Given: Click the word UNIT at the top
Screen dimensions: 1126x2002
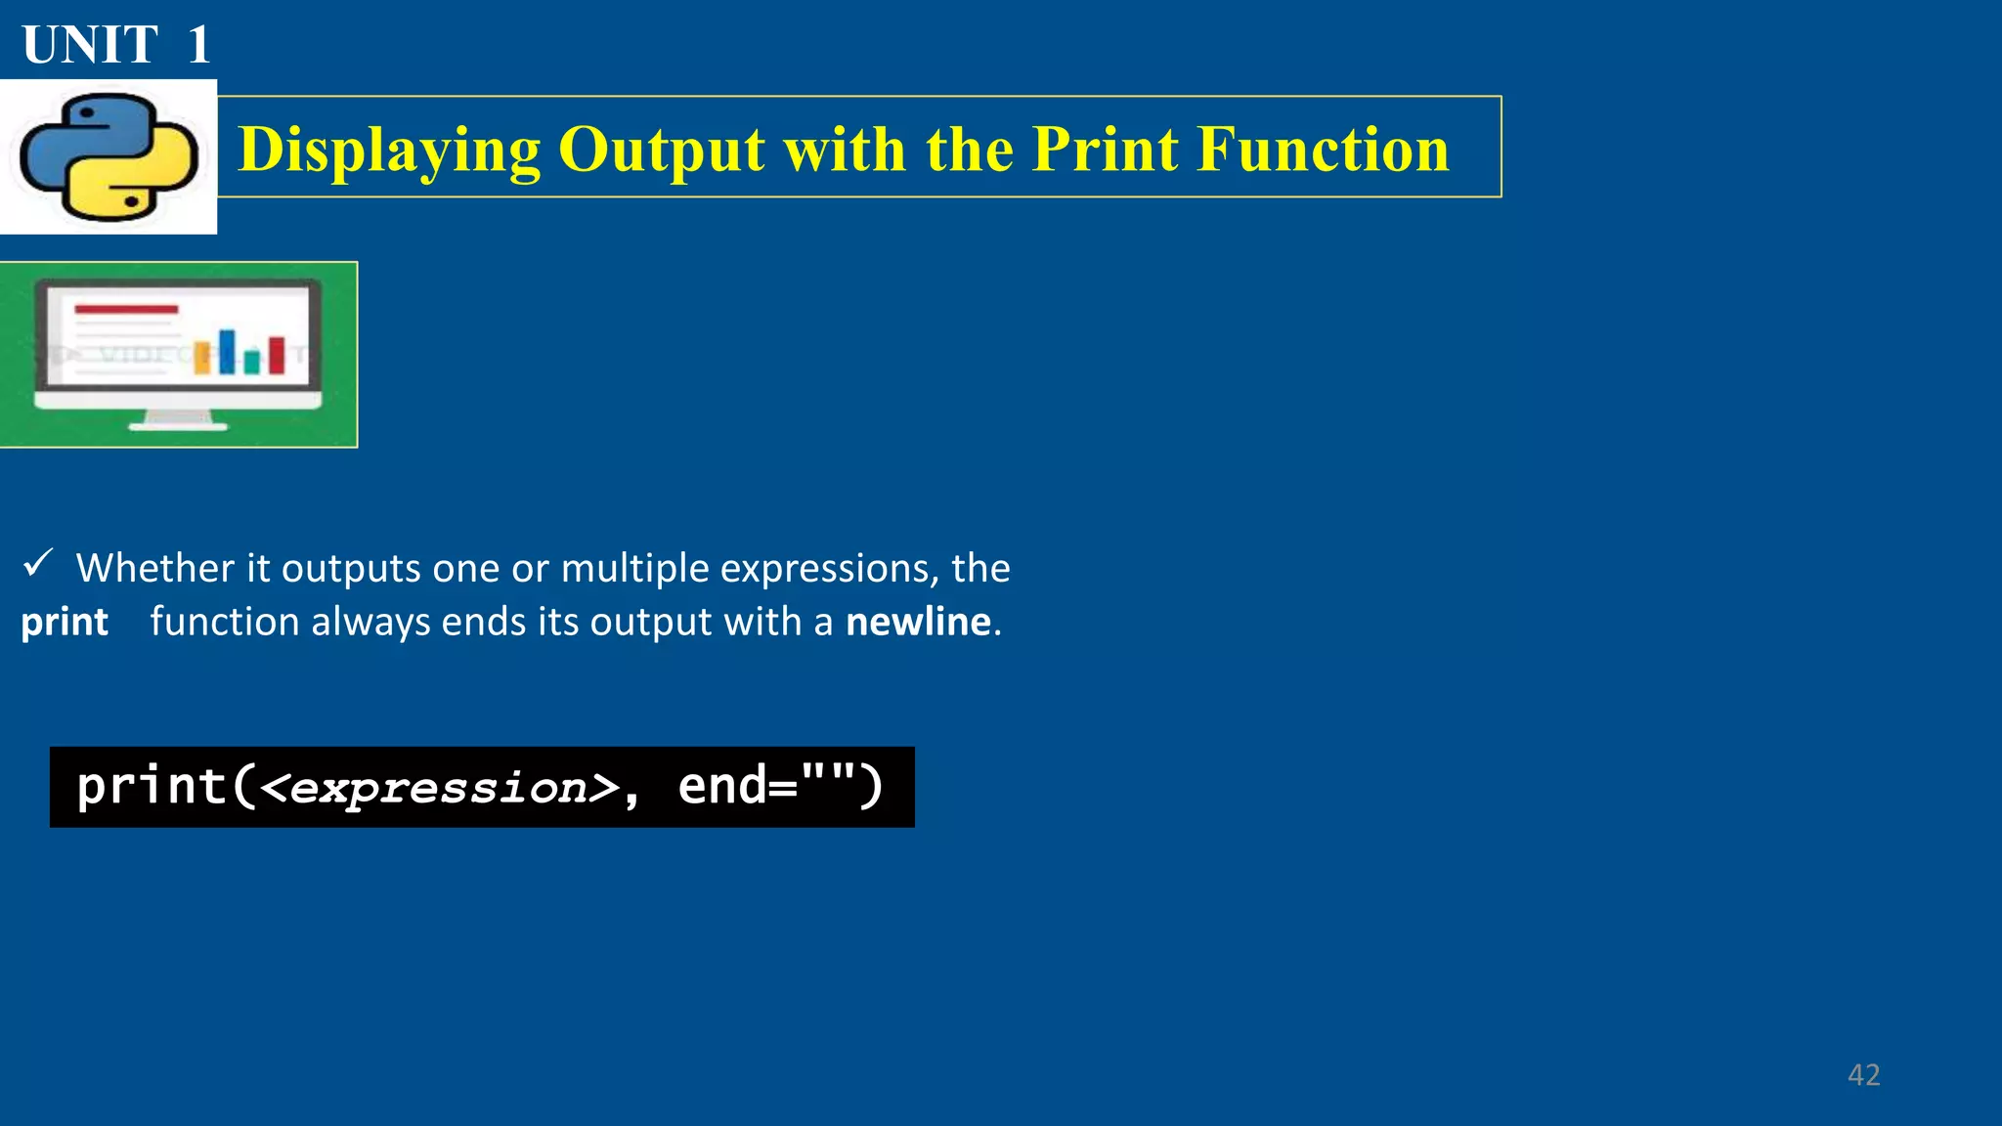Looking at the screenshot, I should pyautogui.click(x=90, y=45).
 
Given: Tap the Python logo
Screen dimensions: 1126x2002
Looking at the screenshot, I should pyautogui.click(x=109, y=156).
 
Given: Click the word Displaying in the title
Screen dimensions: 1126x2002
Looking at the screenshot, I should pyautogui.click(x=389, y=151).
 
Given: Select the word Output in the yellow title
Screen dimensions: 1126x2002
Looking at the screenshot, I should pyautogui.click(x=661, y=151).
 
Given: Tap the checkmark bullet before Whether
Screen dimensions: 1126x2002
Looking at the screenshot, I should pyautogui.click(x=38, y=563).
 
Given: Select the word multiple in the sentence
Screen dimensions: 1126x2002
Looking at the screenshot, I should pyautogui.click(x=634, y=568).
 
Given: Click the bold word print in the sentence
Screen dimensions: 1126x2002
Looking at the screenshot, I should pyautogui.click(x=65, y=623).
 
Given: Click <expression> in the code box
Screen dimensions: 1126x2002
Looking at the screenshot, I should pyautogui.click(x=441, y=788).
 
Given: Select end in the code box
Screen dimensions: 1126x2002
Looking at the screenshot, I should pyautogui.click(x=722, y=786).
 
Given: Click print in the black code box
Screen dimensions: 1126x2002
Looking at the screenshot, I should pyautogui.click(x=152, y=786).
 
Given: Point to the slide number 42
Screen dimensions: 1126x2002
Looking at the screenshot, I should pyautogui.click(x=1863, y=1075).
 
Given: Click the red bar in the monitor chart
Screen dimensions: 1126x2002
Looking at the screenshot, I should pyautogui.click(x=277, y=355).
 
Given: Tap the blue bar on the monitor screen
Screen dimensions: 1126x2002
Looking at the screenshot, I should pyautogui.click(x=228, y=351).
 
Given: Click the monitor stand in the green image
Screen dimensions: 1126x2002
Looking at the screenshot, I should pyautogui.click(x=179, y=420).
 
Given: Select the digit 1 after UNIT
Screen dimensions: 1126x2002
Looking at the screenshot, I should pyautogui.click(x=199, y=45).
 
